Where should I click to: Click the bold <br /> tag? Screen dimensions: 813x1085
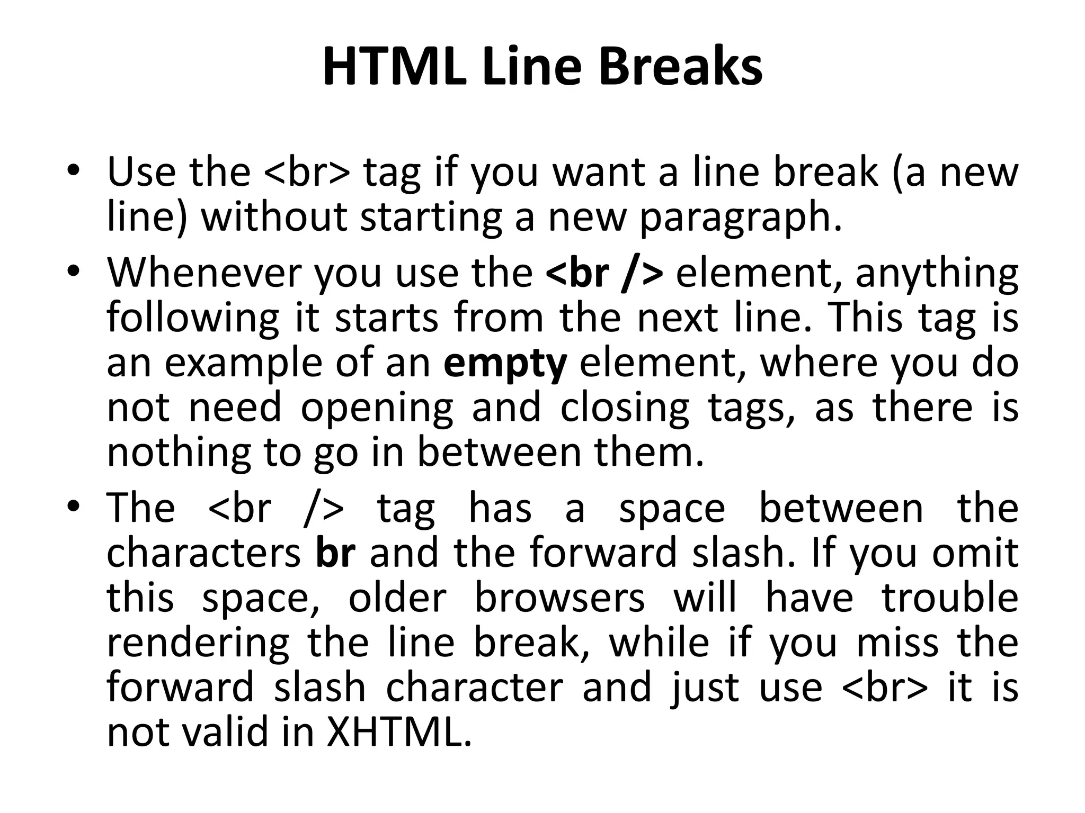[x=604, y=273]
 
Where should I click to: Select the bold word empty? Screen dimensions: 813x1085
[x=505, y=364]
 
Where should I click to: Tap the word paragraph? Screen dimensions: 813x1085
[x=740, y=218]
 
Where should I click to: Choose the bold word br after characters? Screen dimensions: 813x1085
[x=335, y=552]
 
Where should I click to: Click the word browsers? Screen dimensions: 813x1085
[x=559, y=598]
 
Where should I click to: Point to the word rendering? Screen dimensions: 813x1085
[x=198, y=644]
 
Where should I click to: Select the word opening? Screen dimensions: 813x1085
[x=377, y=409]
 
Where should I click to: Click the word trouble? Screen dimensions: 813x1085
[x=950, y=598]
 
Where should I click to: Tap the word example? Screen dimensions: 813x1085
[x=243, y=364]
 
